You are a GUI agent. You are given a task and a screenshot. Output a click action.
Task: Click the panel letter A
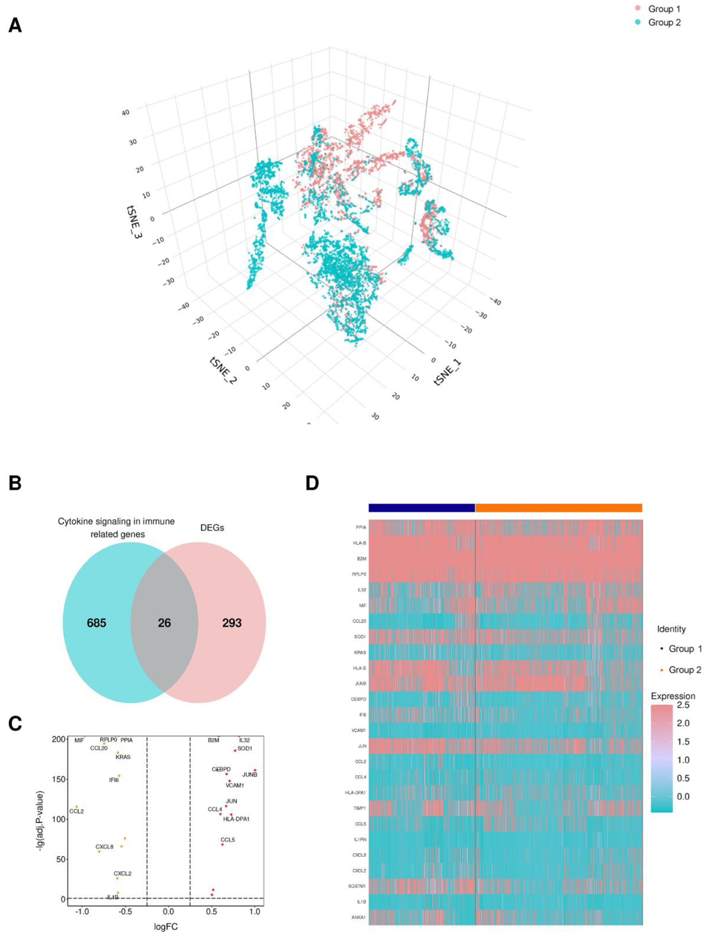coord(15,26)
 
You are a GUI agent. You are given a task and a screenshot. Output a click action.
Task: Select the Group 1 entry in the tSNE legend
coord(663,9)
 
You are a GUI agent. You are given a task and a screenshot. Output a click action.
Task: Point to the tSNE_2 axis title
coord(223,371)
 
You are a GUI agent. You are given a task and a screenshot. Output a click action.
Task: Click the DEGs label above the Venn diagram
coord(212,528)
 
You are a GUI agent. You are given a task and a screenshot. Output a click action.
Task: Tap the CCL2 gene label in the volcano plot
coord(77,811)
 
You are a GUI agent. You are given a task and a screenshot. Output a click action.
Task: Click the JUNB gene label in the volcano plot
coord(250,775)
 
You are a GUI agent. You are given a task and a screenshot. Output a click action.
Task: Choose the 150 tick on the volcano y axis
coord(59,779)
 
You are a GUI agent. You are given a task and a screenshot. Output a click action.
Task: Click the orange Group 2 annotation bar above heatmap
coord(558,508)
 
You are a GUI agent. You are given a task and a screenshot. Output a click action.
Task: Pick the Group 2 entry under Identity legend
coord(684,670)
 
